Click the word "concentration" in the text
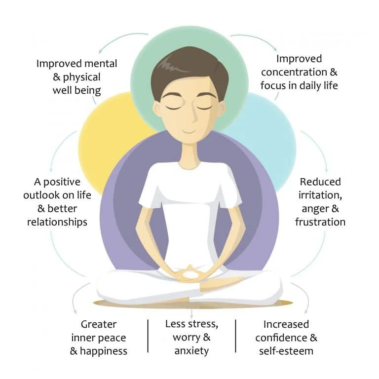point(291,72)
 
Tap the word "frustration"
point(320,222)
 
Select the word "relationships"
point(57,222)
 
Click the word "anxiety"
point(191,351)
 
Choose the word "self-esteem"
point(286,351)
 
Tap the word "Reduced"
point(320,182)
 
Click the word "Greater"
point(98,324)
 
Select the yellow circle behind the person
point(106,133)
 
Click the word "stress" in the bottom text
point(202,325)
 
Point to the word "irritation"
point(320,195)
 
